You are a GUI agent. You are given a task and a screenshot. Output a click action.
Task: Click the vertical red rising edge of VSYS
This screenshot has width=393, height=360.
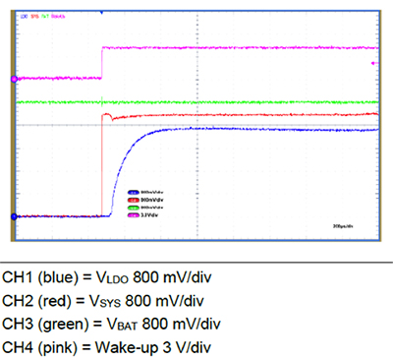pyautogui.click(x=102, y=167)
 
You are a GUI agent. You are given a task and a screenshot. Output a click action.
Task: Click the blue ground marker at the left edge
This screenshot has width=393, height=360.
pyautogui.click(x=12, y=216)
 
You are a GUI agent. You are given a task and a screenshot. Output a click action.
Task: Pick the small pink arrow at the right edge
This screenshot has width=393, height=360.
pyautogui.click(x=372, y=63)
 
